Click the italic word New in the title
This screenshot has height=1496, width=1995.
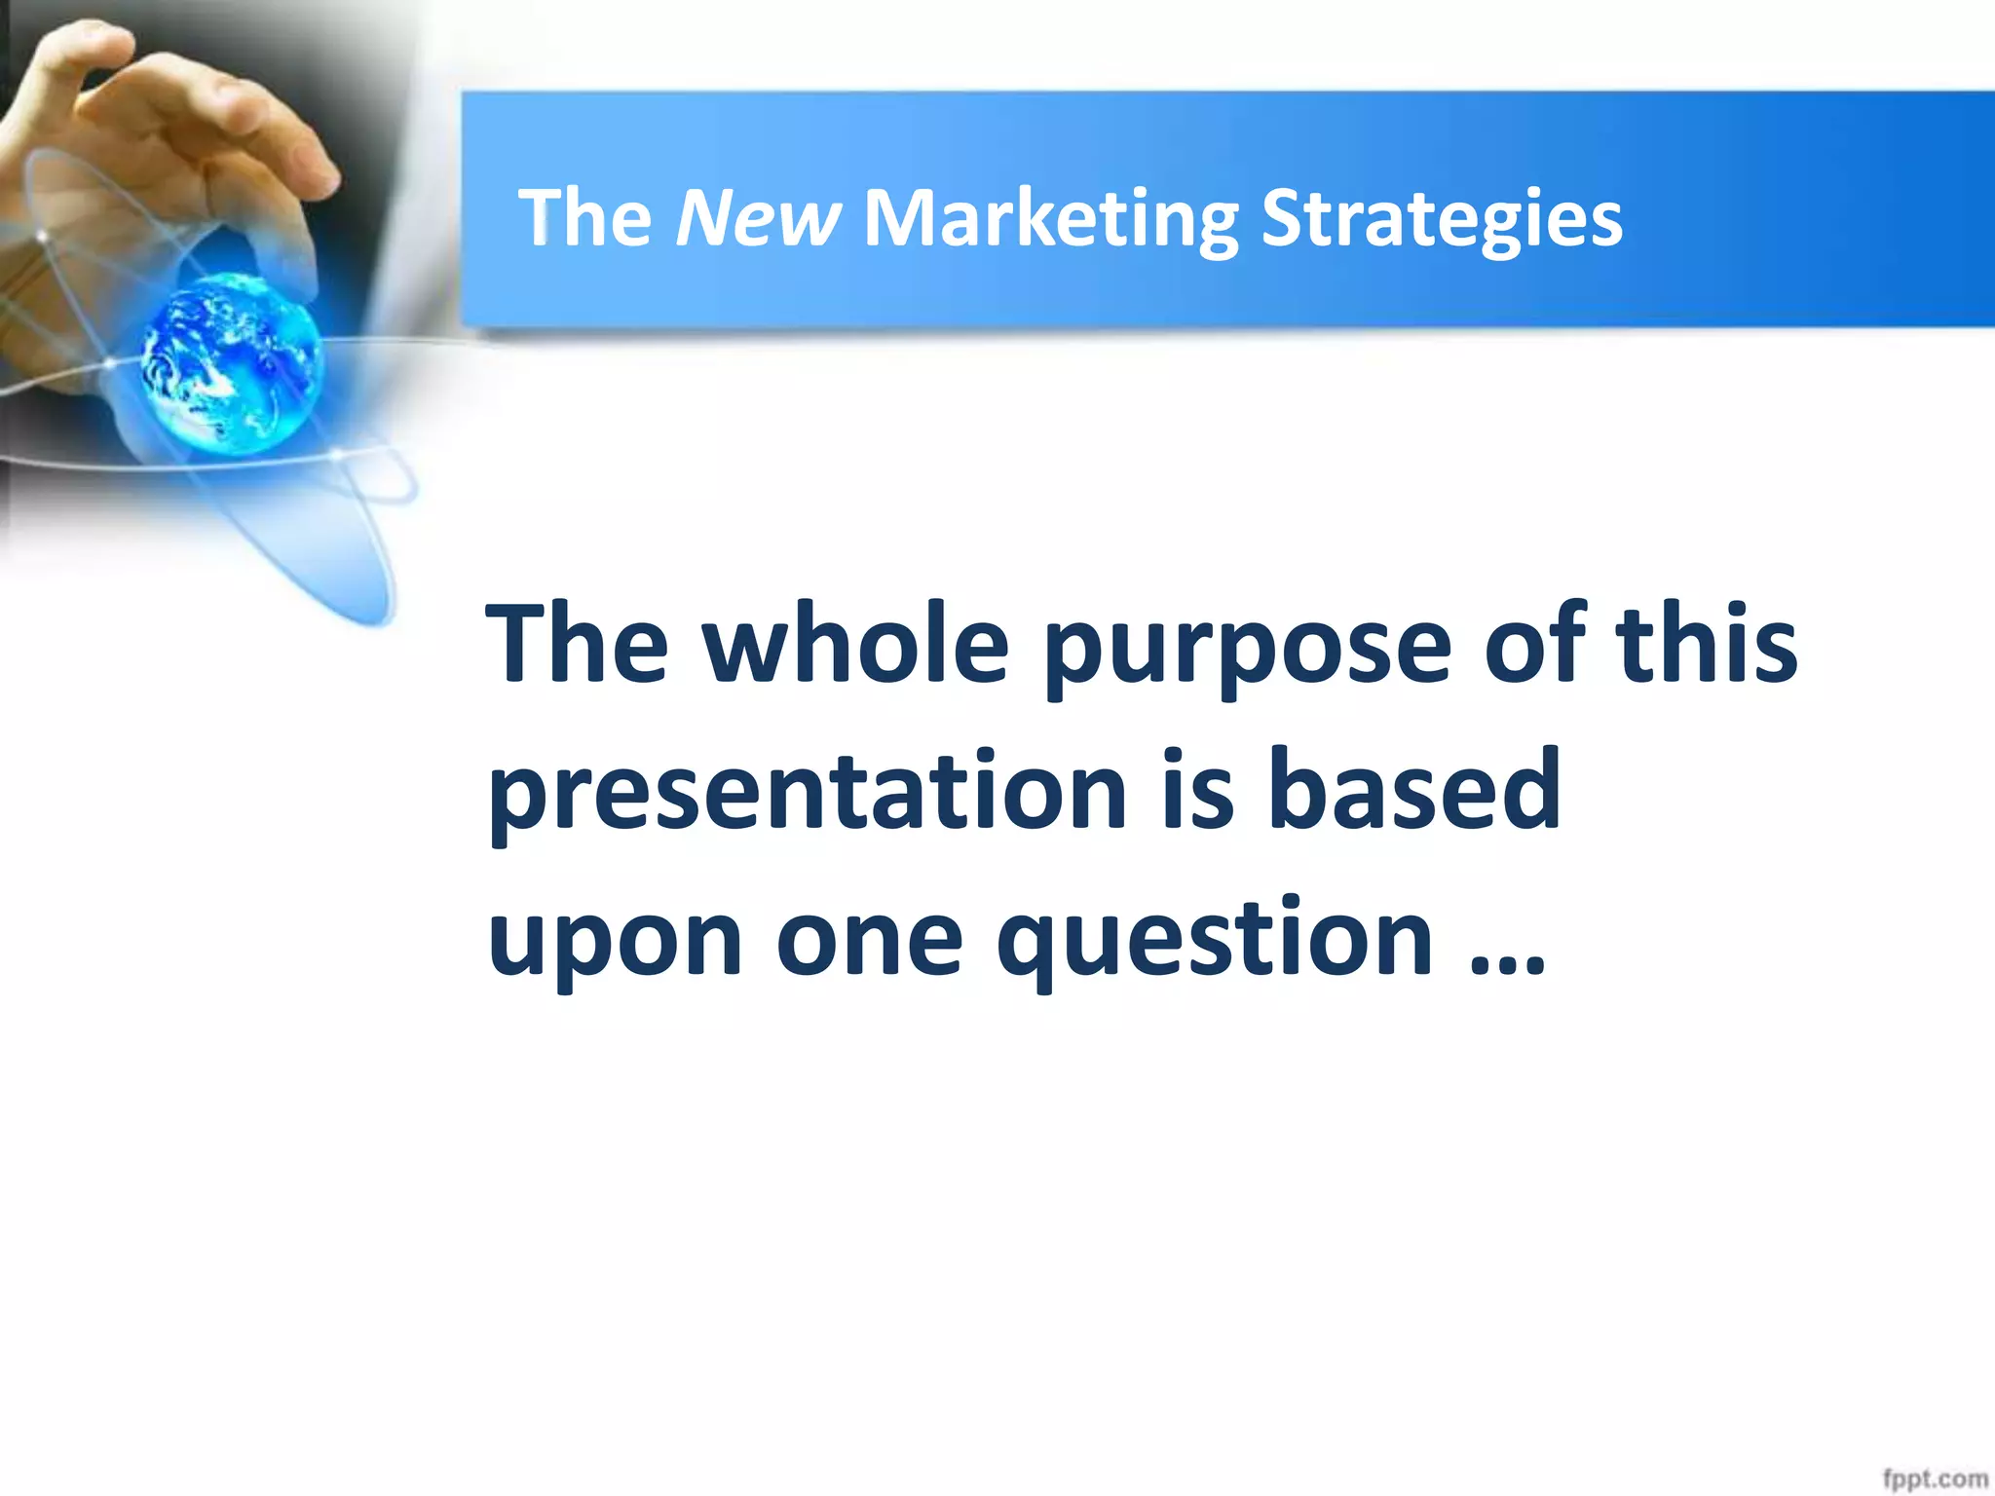coord(757,218)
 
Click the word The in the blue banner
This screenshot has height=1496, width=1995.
coord(584,218)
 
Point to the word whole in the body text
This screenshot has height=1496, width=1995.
coord(855,645)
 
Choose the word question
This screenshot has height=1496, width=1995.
coord(1214,940)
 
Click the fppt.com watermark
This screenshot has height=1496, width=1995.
coord(1934,1478)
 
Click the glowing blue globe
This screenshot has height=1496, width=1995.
coord(231,363)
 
